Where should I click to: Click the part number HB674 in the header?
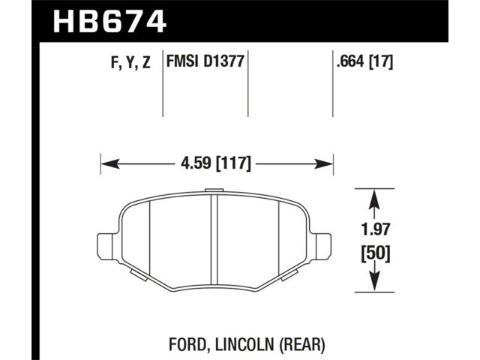point(110,22)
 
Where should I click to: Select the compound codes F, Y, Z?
point(130,63)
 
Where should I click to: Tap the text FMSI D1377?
point(205,61)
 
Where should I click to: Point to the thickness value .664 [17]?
point(364,61)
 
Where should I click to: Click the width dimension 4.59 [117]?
point(216,163)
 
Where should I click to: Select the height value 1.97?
point(375,229)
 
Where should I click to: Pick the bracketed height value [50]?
point(375,254)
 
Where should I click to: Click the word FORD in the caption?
point(187,344)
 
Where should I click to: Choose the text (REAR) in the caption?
point(301,345)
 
